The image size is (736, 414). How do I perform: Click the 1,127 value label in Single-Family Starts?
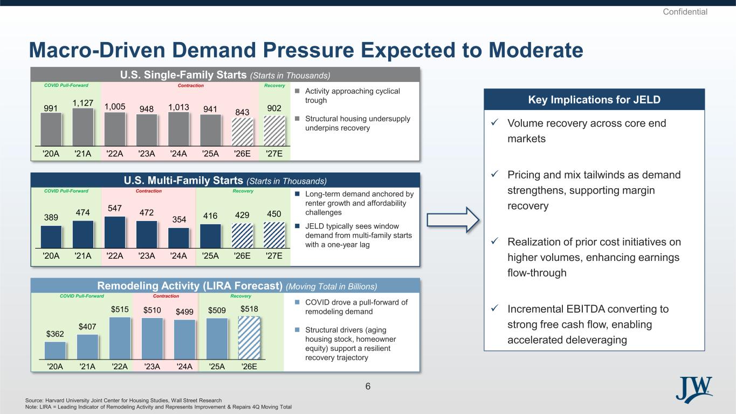tap(83, 103)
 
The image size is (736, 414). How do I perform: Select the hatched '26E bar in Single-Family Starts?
tap(243, 132)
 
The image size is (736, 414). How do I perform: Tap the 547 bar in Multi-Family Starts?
tap(115, 232)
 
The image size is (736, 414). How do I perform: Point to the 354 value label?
tap(179, 219)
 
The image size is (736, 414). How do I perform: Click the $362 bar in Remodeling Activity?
tap(55, 350)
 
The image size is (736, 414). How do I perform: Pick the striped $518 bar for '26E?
tap(249, 338)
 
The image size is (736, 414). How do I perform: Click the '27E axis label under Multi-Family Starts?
tap(274, 256)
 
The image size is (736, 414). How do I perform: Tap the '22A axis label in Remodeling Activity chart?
tap(120, 367)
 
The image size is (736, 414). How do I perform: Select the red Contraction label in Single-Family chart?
tap(190, 85)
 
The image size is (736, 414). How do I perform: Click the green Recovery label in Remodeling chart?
tap(241, 296)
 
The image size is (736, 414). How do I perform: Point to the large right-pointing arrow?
tap(453, 220)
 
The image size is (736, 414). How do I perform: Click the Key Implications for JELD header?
tap(594, 100)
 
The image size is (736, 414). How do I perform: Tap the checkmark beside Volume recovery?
tap(494, 122)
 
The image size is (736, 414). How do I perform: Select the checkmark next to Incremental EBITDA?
tap(494, 308)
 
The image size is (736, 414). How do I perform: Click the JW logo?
tap(694, 390)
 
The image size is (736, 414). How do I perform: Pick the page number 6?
tap(368, 387)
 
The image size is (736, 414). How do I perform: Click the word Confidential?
tap(685, 12)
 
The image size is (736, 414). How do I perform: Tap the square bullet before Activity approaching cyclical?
tap(297, 91)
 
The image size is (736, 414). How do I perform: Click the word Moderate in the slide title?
tap(536, 50)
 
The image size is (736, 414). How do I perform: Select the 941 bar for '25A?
tap(211, 130)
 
